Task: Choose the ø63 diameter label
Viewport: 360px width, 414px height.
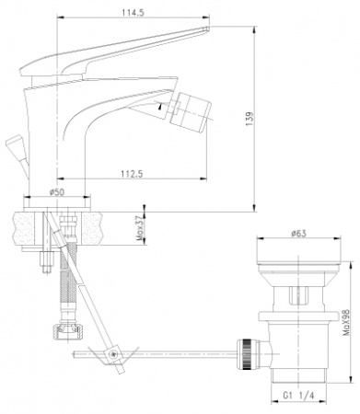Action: tap(298, 235)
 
